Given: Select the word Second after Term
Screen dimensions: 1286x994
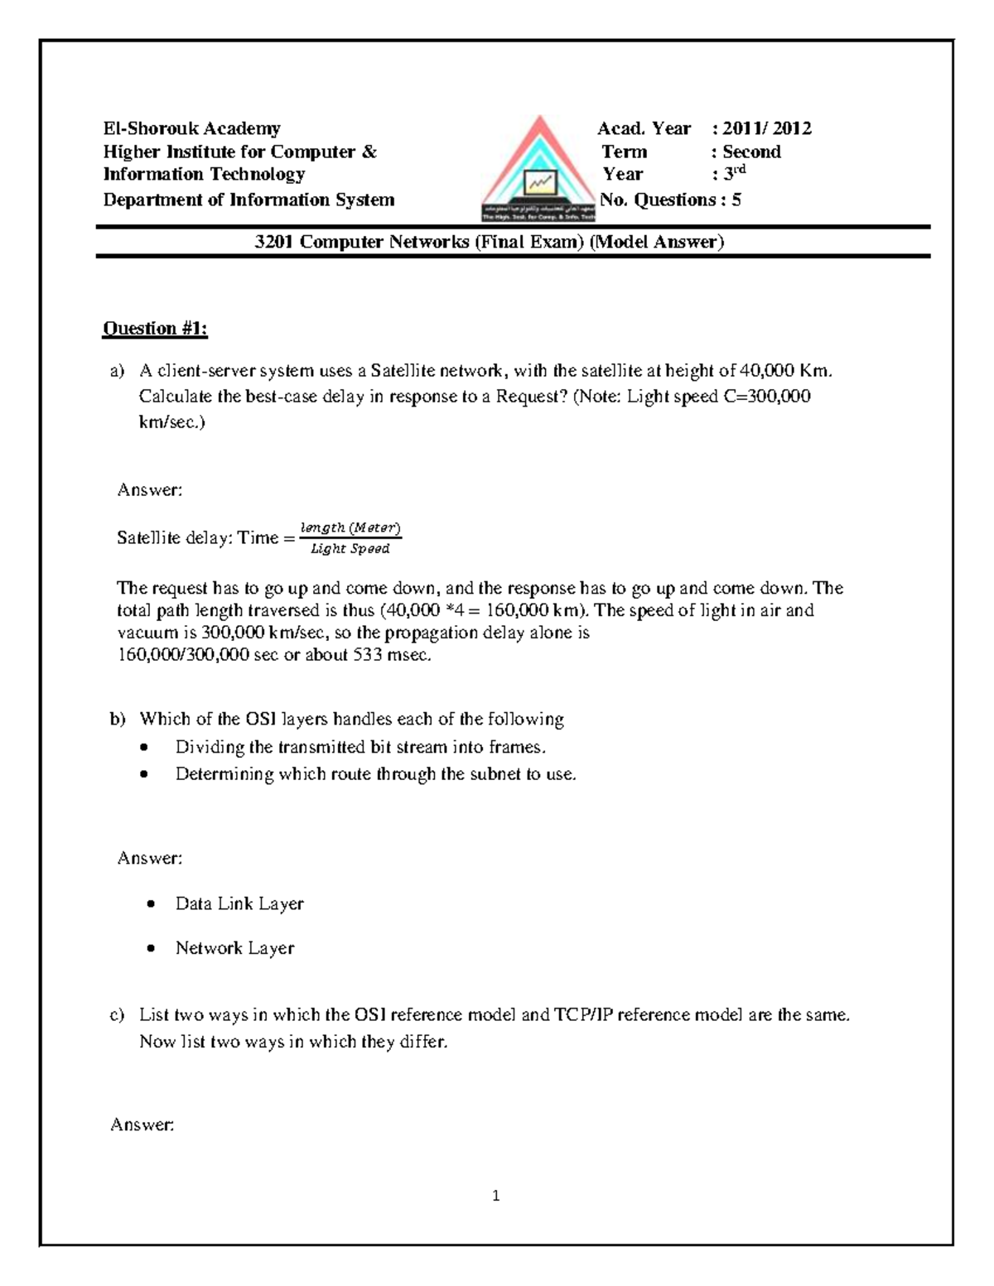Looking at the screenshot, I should tap(751, 152).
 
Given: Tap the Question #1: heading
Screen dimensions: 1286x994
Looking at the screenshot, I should tap(155, 329).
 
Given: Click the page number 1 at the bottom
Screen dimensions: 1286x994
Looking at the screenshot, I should tap(495, 1196).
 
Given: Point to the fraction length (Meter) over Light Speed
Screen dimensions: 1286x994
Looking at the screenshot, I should tap(350, 538).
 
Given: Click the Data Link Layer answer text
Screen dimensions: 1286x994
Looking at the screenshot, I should tap(239, 903).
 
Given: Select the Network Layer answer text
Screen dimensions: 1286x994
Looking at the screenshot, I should tap(234, 948).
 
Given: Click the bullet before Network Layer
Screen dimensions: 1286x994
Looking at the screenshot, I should tap(151, 949).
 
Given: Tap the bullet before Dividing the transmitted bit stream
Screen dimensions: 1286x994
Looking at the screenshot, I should tap(146, 748).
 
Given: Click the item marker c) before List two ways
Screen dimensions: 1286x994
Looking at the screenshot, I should tap(117, 1015).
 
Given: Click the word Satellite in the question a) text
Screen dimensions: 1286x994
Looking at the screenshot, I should tap(403, 371).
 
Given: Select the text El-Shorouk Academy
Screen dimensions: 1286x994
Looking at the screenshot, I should tap(191, 128).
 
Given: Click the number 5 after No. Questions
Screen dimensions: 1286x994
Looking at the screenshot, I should tap(736, 200).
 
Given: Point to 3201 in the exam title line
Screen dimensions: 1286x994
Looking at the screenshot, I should tap(274, 242).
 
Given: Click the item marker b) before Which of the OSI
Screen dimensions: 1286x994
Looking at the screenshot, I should tap(117, 719).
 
